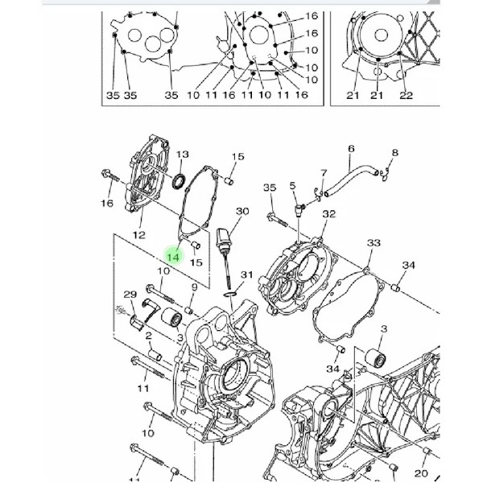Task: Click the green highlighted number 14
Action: (173, 256)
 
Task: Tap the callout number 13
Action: (182, 155)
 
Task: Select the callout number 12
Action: (139, 235)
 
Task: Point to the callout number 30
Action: (242, 211)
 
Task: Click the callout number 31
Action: (247, 275)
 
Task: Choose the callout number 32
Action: (328, 214)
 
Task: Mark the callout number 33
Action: (374, 243)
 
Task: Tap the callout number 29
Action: (130, 295)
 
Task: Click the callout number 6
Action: (352, 149)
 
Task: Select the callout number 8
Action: (395, 153)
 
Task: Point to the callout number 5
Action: (292, 185)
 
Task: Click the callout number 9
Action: (194, 287)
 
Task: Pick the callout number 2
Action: (149, 336)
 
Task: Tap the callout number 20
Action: (421, 473)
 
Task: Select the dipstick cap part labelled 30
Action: (223, 237)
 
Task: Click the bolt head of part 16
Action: (105, 173)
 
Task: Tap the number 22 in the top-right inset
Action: (406, 96)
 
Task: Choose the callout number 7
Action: (324, 173)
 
